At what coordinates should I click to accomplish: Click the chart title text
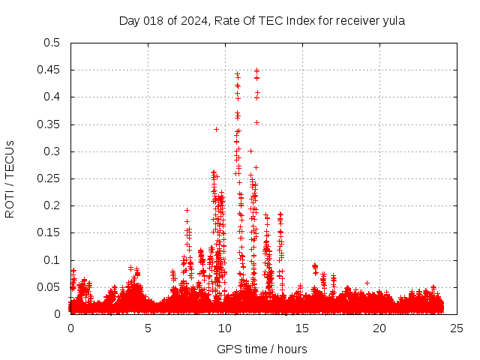(x=262, y=21)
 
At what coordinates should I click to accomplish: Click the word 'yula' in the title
(x=393, y=21)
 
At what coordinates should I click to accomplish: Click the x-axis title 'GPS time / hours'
(x=262, y=349)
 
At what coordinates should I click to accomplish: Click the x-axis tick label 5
(x=148, y=328)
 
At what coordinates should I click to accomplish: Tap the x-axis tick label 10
(x=225, y=328)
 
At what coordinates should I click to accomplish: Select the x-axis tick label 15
(x=302, y=328)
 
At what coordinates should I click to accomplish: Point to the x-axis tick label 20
(x=379, y=328)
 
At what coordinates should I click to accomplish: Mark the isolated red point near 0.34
(x=216, y=129)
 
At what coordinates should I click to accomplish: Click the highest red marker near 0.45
(x=256, y=70)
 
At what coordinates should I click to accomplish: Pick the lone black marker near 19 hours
(x=367, y=283)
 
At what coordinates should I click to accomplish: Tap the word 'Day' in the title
(x=129, y=21)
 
